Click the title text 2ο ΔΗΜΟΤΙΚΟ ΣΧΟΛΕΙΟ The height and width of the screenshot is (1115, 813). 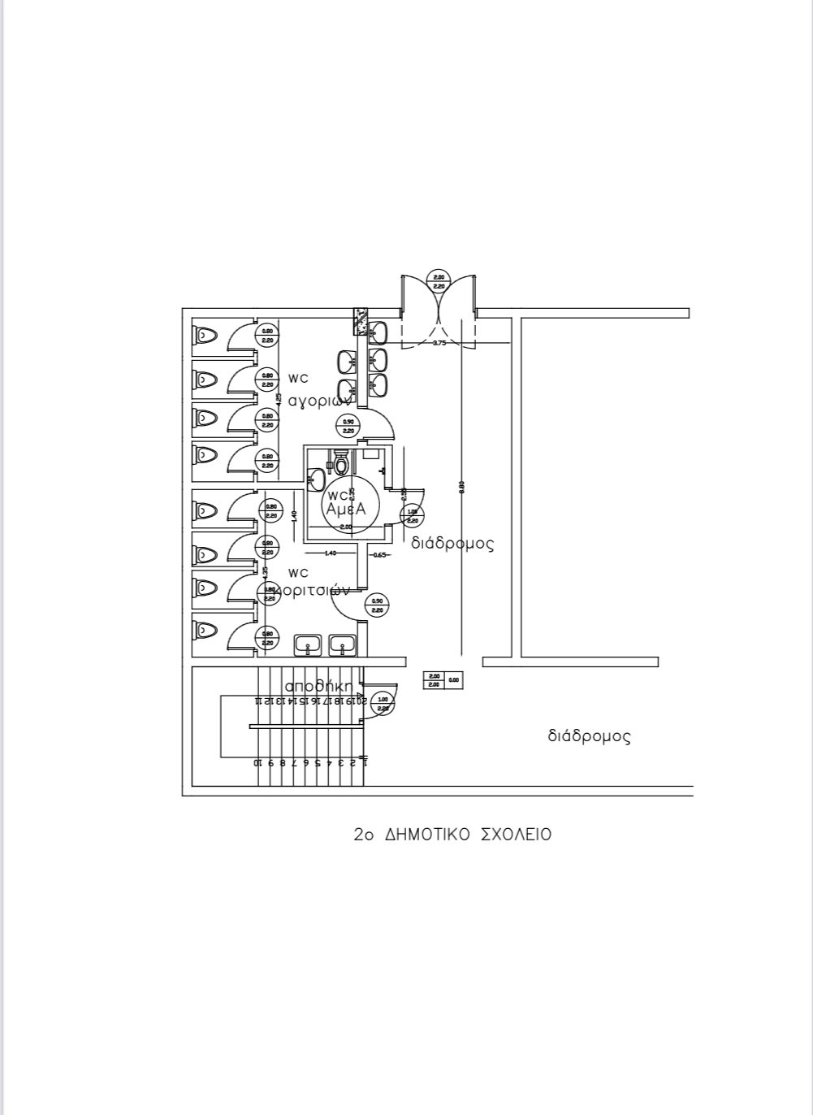click(x=452, y=835)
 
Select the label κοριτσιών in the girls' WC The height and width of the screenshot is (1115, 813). click(x=313, y=591)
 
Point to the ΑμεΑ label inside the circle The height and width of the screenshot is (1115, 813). click(x=345, y=508)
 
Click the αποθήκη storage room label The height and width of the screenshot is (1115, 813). click(x=318, y=687)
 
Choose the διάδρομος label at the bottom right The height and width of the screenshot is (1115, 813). click(x=589, y=737)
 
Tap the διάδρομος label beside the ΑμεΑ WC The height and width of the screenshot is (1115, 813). click(x=452, y=543)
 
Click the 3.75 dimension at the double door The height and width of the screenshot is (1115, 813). click(x=439, y=344)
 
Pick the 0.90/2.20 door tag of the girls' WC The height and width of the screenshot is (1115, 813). click(x=377, y=605)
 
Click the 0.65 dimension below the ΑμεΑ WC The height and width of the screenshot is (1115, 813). click(x=379, y=554)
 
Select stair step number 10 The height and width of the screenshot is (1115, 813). click(x=257, y=762)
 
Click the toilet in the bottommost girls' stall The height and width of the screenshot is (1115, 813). click(x=206, y=629)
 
